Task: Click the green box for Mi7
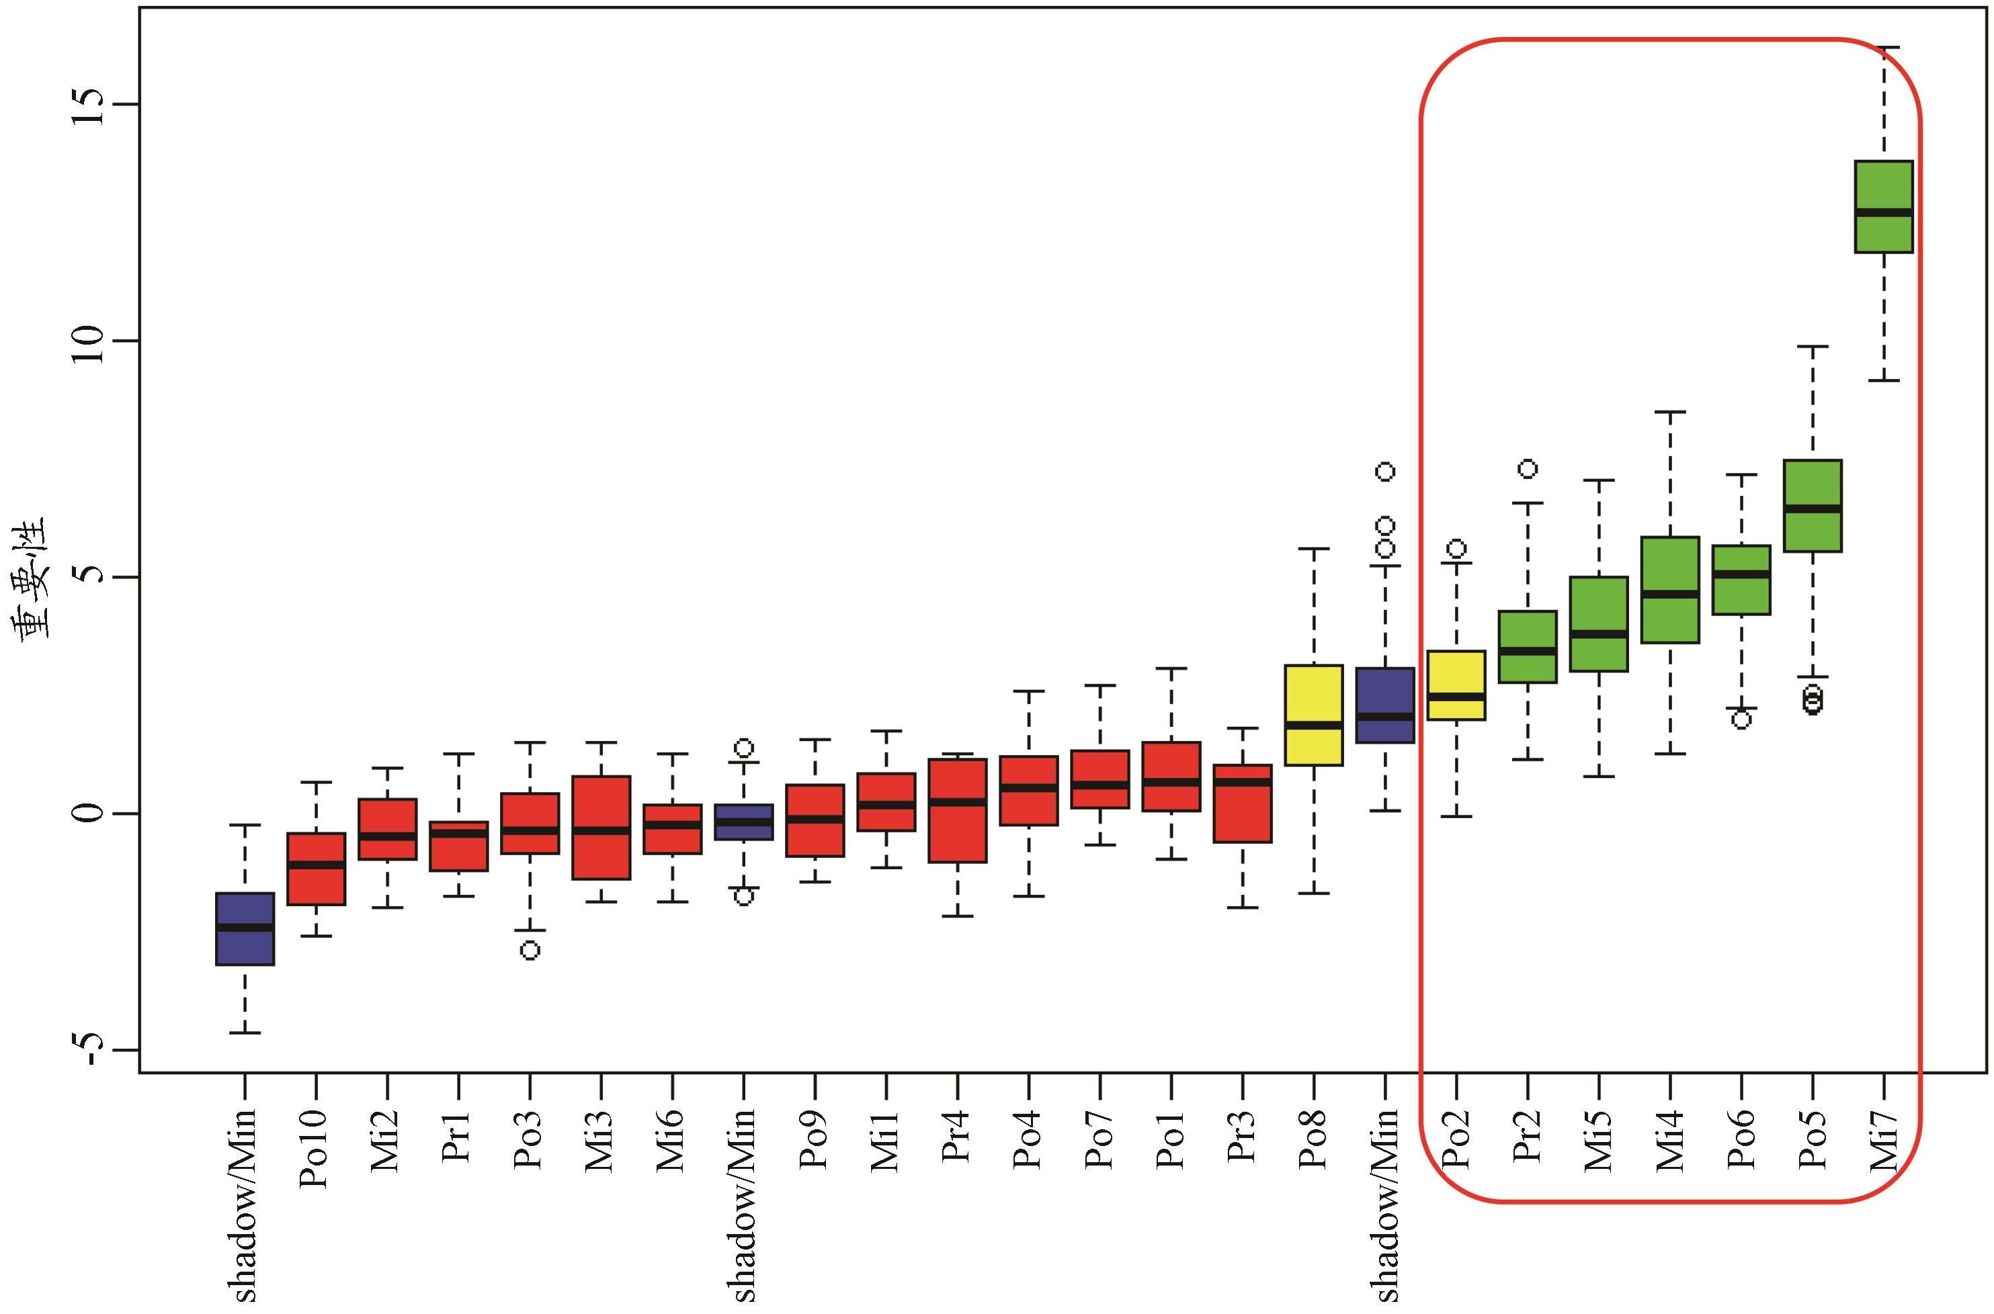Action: pyautogui.click(x=1883, y=206)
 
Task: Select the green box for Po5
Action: pyautogui.click(x=1812, y=505)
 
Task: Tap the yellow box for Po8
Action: pyautogui.click(x=1313, y=715)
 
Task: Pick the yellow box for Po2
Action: pyautogui.click(x=1456, y=685)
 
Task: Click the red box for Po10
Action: pyautogui.click(x=316, y=869)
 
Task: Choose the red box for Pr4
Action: pyautogui.click(x=957, y=810)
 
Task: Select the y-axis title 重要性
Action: pyautogui.click(x=37, y=579)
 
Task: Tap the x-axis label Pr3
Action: pyautogui.click(x=1242, y=1137)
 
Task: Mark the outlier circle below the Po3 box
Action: pyautogui.click(x=530, y=951)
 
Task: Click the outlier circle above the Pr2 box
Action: pyautogui.click(x=1528, y=468)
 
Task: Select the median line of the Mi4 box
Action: pyautogui.click(x=1669, y=594)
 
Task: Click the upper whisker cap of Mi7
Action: pyautogui.click(x=1883, y=48)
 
